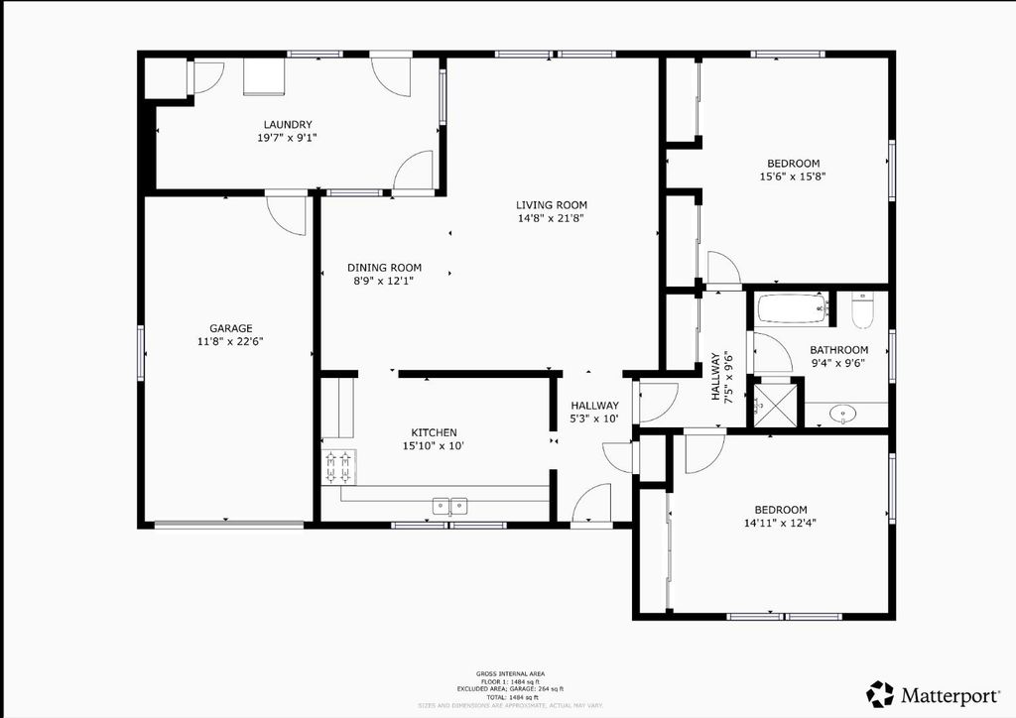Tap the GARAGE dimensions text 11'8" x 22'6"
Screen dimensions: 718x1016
point(230,341)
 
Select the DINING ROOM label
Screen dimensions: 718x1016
point(384,268)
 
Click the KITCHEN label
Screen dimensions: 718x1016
point(434,432)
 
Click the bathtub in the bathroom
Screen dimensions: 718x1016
point(792,308)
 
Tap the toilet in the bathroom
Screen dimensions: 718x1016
point(861,310)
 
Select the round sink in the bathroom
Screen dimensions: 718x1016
point(844,414)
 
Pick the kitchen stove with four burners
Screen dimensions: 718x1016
point(338,466)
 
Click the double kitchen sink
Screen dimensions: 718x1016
point(450,506)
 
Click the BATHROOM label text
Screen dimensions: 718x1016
point(838,350)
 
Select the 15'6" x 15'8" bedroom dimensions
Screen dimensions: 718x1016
point(793,178)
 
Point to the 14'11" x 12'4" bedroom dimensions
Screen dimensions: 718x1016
point(780,523)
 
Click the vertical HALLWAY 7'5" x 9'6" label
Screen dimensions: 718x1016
point(720,376)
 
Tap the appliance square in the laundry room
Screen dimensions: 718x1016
point(264,76)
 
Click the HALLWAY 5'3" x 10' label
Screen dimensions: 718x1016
point(594,412)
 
